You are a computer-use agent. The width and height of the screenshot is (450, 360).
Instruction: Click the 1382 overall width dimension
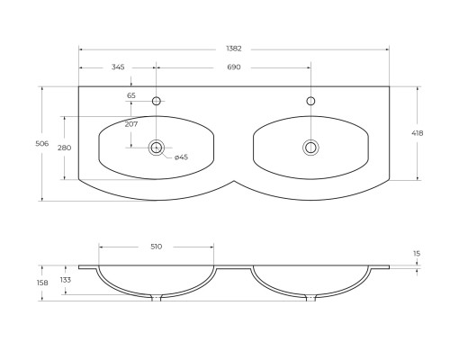234,49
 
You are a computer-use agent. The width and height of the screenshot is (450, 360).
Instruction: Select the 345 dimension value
118,67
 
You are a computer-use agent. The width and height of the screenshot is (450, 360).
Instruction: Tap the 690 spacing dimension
234,67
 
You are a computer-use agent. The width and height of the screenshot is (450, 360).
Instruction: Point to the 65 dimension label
131,95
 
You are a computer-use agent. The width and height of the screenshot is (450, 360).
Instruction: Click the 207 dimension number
131,124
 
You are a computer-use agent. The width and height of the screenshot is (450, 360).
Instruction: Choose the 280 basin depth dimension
65,148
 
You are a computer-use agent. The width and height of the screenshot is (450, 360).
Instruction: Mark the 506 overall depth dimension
42,144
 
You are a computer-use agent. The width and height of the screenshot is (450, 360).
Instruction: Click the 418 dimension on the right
418,133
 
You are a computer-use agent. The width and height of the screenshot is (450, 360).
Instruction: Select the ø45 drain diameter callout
181,157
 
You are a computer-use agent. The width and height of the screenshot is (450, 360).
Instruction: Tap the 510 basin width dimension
156,247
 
